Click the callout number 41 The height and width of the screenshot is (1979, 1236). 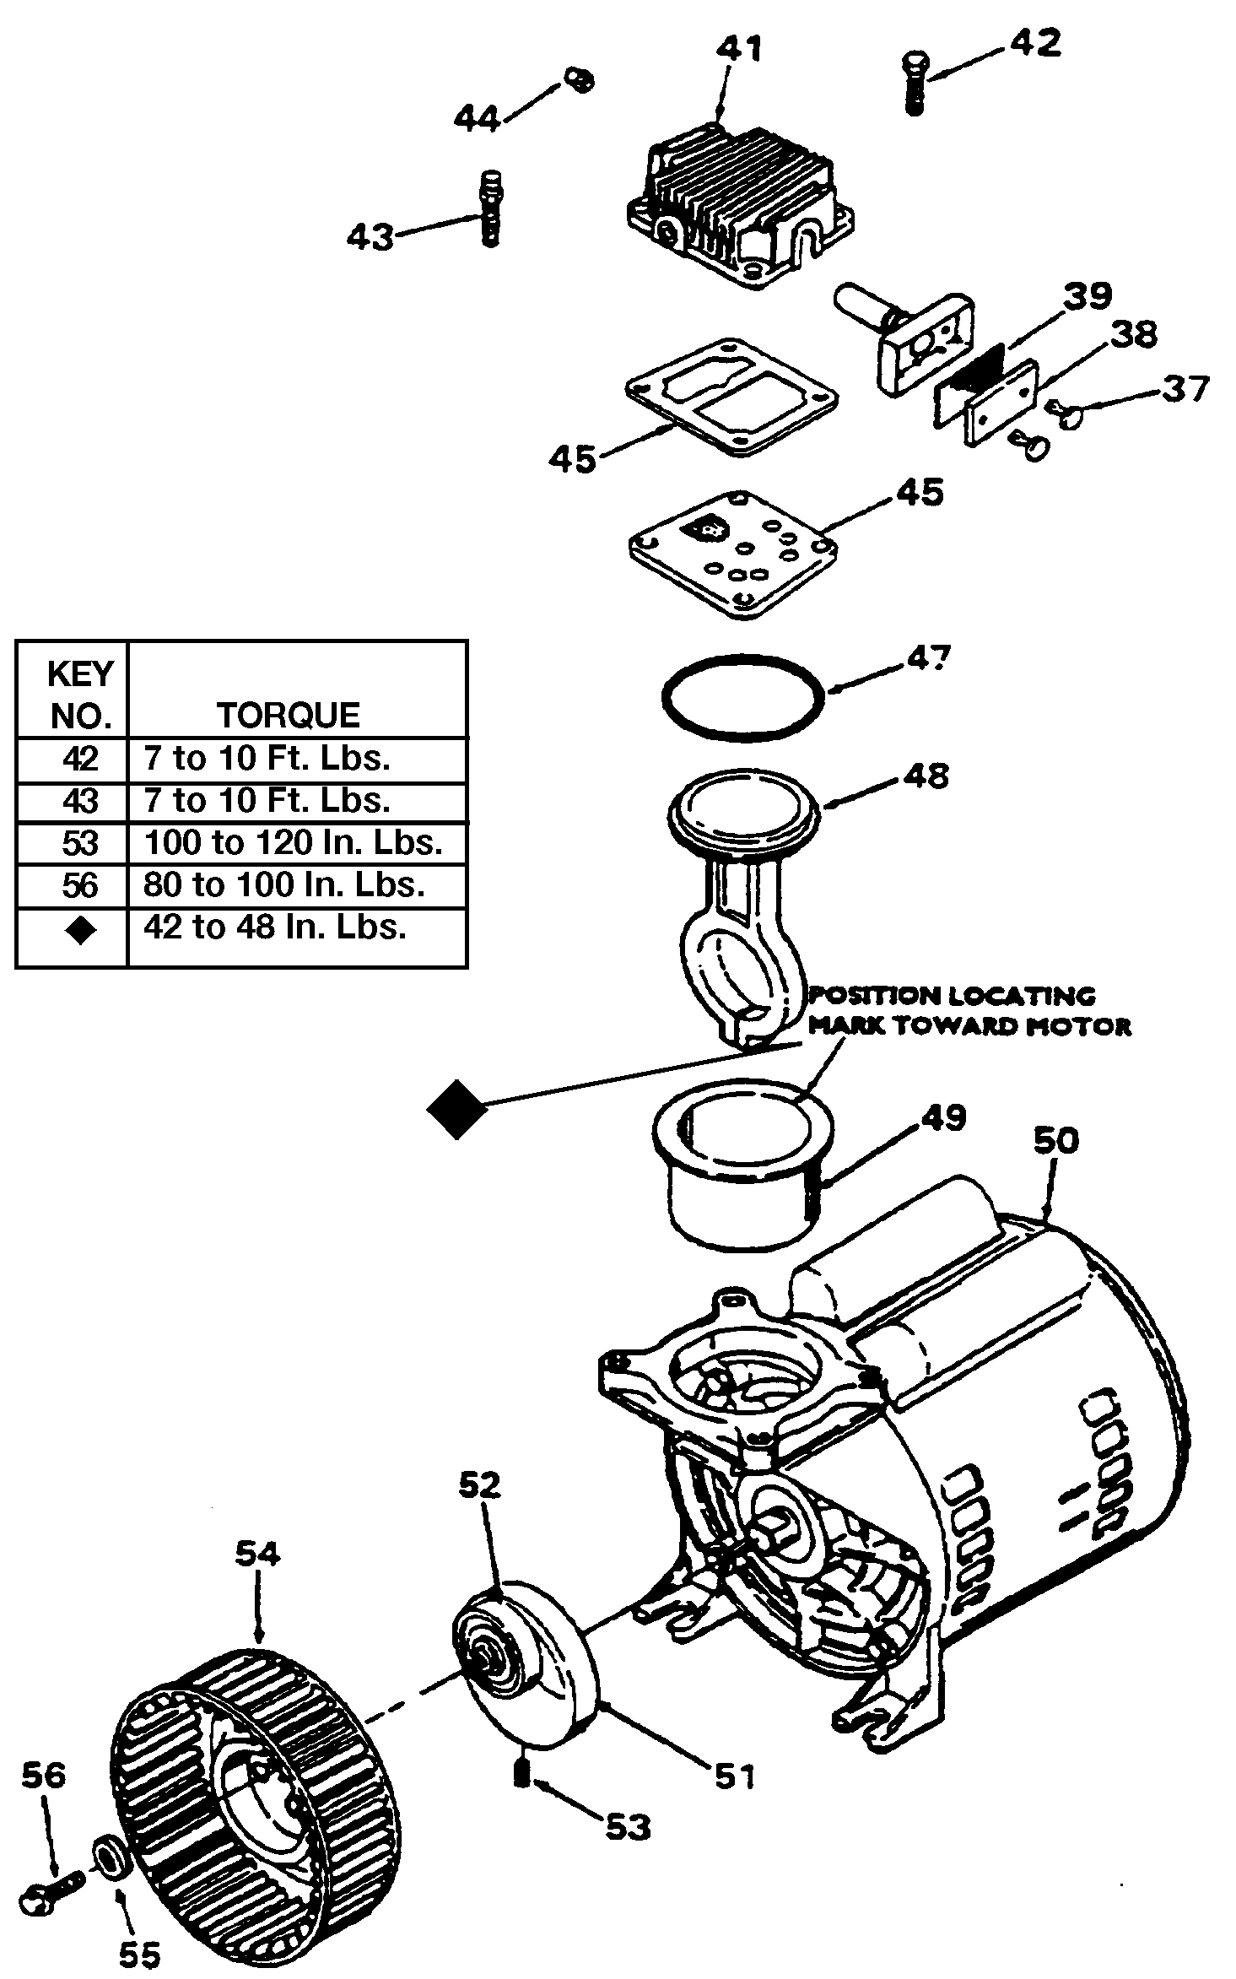739,49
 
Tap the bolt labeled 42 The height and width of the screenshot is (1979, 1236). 914,83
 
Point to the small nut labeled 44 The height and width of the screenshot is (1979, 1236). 579,80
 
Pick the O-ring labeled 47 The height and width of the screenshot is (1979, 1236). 742,697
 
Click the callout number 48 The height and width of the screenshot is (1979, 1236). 926,775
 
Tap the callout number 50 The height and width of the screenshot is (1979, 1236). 1055,1141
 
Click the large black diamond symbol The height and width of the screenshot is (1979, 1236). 456,1109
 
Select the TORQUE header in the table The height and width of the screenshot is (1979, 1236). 289,715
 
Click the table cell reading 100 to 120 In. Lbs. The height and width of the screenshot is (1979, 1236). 294,842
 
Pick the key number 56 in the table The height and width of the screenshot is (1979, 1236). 80,885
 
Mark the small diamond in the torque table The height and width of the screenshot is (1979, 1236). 81,930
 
